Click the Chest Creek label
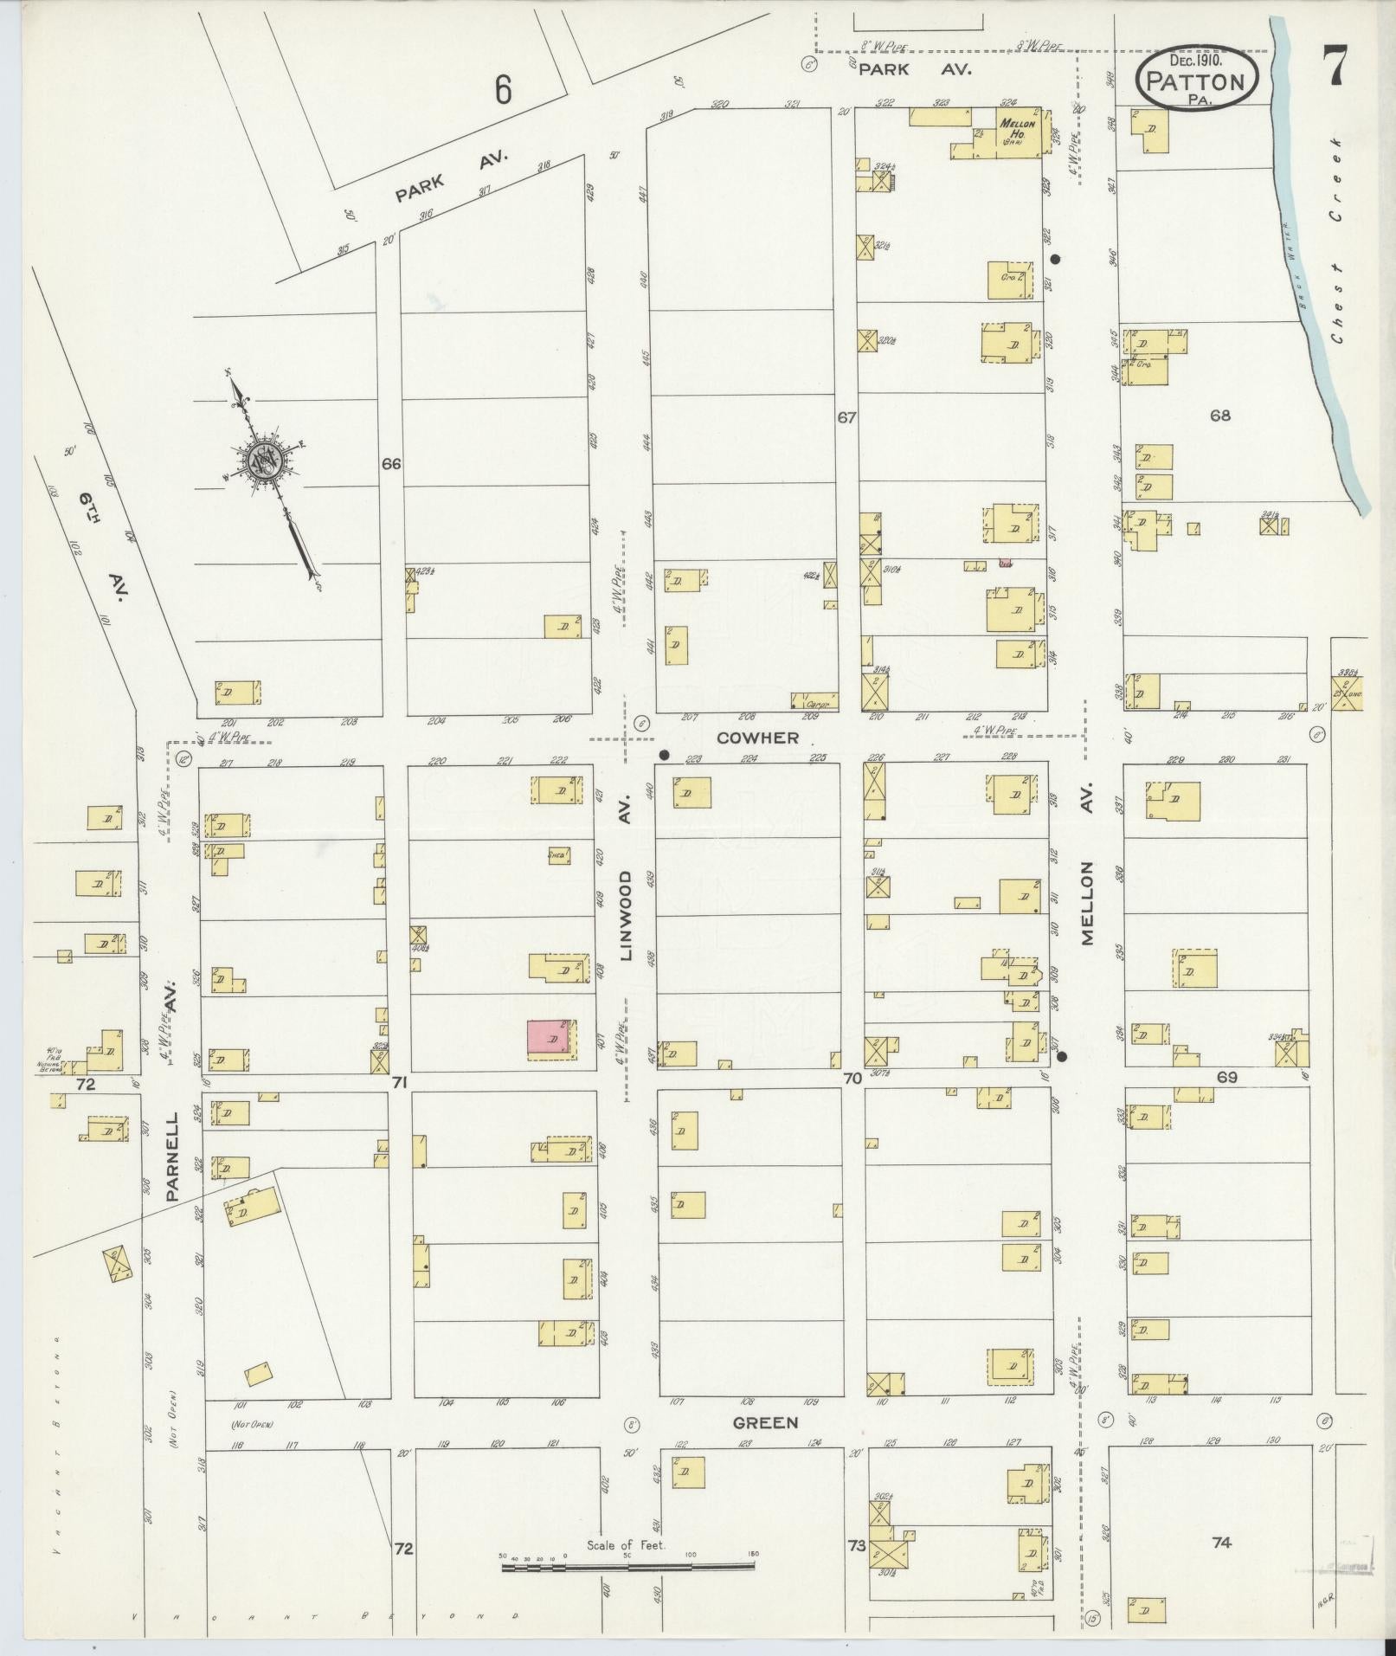pos(1337,240)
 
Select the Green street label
pos(765,1422)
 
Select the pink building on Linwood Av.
pos(548,1038)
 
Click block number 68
pos(1219,416)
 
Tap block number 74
pos(1220,1542)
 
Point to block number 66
pos(391,464)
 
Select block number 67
pos(846,417)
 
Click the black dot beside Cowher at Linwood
pos(664,754)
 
